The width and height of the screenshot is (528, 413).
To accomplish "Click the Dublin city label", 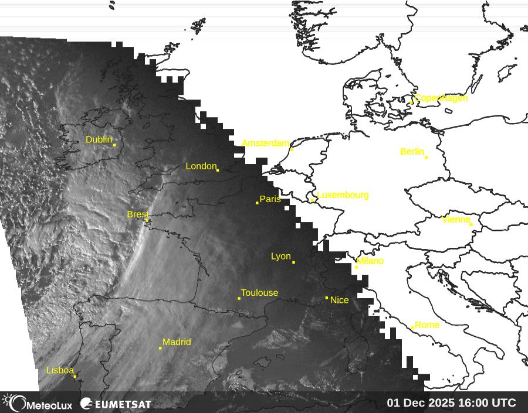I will (x=99, y=139).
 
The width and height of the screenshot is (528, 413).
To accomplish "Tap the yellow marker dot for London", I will (x=218, y=170).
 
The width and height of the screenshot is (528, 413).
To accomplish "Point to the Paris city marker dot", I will (x=257, y=203).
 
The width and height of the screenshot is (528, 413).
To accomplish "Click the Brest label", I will (x=138, y=214).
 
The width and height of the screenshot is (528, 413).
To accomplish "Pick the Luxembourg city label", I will (x=343, y=195).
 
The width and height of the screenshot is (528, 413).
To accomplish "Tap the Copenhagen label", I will (x=441, y=98).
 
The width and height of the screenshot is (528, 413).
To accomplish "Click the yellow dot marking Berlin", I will (x=426, y=157).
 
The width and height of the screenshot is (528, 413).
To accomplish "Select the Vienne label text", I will (x=456, y=220).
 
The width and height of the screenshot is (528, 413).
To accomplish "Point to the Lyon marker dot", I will (x=293, y=262).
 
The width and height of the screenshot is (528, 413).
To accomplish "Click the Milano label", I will (x=370, y=261).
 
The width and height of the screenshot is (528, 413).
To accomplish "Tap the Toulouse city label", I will (x=259, y=293).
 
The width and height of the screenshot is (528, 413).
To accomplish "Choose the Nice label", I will (x=340, y=300).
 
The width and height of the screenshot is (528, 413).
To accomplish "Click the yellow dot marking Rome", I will (x=412, y=328).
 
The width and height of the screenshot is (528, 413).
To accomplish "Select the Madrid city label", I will (x=177, y=342).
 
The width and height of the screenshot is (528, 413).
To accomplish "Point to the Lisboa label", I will (x=60, y=370).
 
